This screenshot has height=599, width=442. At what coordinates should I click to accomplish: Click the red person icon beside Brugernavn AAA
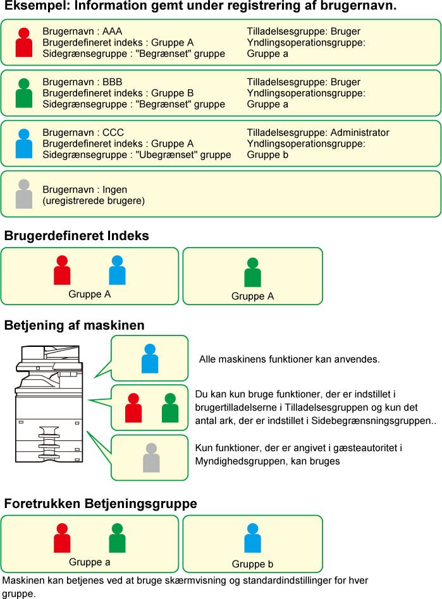pos(23,42)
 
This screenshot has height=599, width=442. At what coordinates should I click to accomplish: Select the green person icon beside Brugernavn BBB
pos(23,93)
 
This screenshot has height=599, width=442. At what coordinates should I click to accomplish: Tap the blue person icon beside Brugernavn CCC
pos(23,143)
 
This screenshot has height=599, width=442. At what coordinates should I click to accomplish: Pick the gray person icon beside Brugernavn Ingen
pos(23,194)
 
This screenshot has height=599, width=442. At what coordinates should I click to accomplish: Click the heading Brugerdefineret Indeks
pos(77,236)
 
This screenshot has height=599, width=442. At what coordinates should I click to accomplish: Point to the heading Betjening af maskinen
pos(74,325)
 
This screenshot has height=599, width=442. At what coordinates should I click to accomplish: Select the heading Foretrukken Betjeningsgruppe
pos(101,504)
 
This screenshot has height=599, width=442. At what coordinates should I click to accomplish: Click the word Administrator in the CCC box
pos(360,133)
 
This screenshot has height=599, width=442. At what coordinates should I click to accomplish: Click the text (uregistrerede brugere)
pos(94,200)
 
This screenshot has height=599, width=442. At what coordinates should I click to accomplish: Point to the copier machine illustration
pos(49,404)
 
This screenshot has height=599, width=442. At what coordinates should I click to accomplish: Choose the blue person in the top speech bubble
pos(150,358)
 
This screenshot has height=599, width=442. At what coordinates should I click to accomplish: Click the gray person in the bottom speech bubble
pos(151,457)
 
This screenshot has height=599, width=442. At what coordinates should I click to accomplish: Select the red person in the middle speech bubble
pos(133,408)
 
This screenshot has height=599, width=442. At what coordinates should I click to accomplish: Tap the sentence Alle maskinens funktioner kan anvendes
pos(290,359)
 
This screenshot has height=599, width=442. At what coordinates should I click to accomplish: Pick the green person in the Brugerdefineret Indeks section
pos(253,272)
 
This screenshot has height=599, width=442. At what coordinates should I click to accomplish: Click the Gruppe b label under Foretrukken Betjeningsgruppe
pos(253,564)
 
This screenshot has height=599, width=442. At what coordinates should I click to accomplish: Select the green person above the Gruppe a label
pos(117,538)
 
